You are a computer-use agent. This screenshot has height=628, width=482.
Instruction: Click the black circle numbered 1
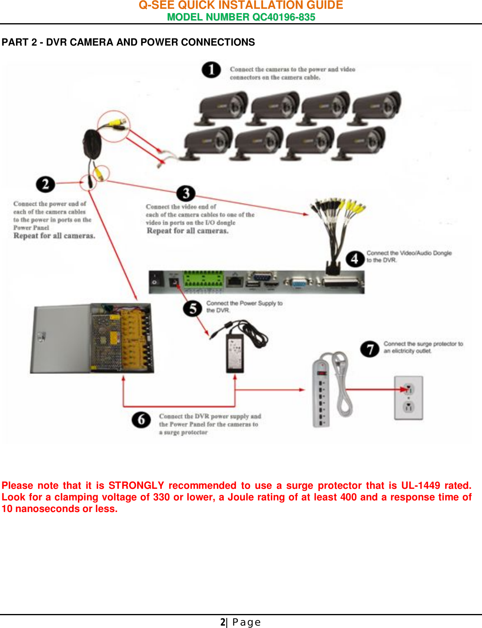pyautogui.click(x=211, y=70)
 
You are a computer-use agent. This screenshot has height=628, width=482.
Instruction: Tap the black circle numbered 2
pyautogui.click(x=45, y=184)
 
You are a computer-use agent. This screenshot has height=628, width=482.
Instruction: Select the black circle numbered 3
pyautogui.click(x=186, y=194)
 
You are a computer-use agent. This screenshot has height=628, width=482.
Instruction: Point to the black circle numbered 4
pyautogui.click(x=355, y=259)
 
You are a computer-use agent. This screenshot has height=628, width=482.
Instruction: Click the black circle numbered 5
pyautogui.click(x=192, y=308)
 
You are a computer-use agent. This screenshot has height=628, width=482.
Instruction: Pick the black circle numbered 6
pyautogui.click(x=141, y=420)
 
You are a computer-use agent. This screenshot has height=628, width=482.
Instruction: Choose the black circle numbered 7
pyautogui.click(x=370, y=349)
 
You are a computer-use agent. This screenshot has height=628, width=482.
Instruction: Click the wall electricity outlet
pyautogui.click(x=408, y=398)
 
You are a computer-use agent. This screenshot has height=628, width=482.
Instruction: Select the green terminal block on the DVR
pyautogui.click(x=203, y=279)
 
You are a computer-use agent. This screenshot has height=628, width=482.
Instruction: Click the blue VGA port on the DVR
pyautogui.click(x=298, y=283)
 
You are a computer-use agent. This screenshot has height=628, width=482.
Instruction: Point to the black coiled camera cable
pyautogui.click(x=92, y=144)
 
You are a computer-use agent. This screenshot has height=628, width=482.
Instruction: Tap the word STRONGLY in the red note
pyautogui.click(x=136, y=486)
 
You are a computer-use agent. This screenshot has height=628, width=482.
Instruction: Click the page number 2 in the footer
pyautogui.click(x=223, y=622)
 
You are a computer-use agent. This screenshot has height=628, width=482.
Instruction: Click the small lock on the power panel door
pyautogui.click(x=41, y=337)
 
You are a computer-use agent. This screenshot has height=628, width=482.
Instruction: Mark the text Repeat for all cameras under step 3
pyautogui.click(x=187, y=231)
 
